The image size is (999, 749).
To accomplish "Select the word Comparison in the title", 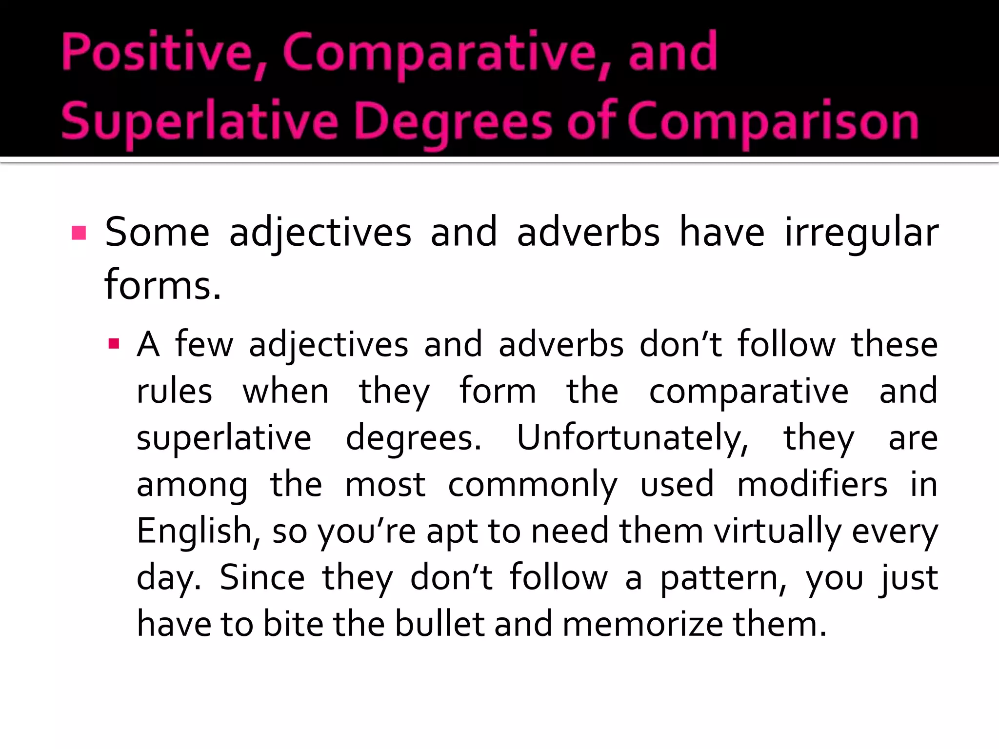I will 773,121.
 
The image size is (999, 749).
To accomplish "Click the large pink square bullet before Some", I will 79,233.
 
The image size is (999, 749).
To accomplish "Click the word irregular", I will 861,233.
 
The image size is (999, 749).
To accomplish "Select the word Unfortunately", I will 632,437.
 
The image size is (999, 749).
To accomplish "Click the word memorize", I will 642,624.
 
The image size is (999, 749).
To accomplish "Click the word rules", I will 174,391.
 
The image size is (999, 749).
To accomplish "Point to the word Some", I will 157,233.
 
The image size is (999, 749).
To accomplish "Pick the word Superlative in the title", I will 200,121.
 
